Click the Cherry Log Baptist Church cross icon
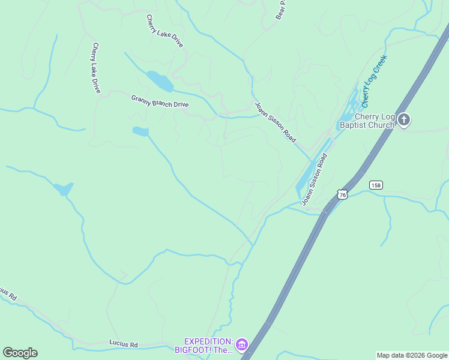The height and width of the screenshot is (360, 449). point(404,120)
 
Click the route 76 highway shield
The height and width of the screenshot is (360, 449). point(342,194)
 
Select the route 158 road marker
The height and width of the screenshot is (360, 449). point(376,185)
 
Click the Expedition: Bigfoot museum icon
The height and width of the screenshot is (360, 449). point(241,344)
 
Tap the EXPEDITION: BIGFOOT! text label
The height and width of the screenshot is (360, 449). point(204,345)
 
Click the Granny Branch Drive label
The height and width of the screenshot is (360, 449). point(160,101)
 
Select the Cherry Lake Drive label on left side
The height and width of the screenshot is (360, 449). point(96,67)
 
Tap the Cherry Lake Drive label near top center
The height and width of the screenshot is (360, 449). point(164,31)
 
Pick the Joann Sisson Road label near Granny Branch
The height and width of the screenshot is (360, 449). point(275,122)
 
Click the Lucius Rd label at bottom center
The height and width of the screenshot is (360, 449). point(124,344)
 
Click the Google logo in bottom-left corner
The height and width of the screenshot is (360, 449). point(20,353)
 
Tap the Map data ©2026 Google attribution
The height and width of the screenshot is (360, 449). point(412,355)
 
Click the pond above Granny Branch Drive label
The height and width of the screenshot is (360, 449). point(160,80)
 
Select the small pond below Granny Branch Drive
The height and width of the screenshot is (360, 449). point(140,131)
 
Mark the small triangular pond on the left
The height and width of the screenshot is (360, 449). point(64,189)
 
